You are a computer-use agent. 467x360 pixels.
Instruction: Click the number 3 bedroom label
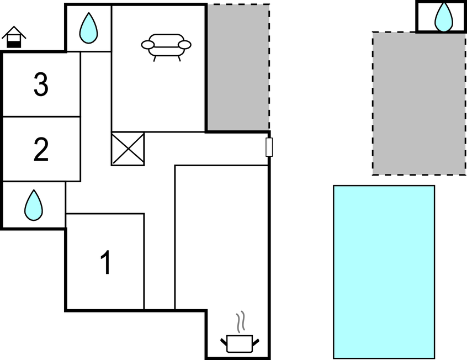point(41,84)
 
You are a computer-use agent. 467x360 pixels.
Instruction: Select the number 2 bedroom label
point(41,150)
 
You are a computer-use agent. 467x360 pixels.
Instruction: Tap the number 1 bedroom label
point(106,262)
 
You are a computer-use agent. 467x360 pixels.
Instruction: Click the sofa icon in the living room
point(166,47)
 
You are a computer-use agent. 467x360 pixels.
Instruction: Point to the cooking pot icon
point(240,343)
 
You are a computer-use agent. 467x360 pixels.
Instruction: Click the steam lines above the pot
point(241,322)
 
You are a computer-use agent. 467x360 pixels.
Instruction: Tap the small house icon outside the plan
point(14,37)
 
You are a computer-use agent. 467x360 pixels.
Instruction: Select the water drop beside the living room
point(88,28)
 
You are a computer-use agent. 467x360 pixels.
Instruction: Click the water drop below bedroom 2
point(34,205)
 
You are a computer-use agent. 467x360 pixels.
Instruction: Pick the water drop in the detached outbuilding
point(444,17)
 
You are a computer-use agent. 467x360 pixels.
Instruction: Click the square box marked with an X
point(128,149)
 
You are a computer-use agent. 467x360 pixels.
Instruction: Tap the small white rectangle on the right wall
point(269,147)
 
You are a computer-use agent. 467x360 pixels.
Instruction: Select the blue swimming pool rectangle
point(384,272)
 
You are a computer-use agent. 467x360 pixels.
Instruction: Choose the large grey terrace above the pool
point(419,103)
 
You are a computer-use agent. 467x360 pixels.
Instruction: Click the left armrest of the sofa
point(148,45)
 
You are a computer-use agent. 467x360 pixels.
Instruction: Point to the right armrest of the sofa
point(185,45)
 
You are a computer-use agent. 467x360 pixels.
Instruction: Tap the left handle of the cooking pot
point(224,342)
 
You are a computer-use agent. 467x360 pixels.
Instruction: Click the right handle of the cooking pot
point(256,342)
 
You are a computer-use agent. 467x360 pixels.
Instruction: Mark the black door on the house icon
point(14,44)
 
